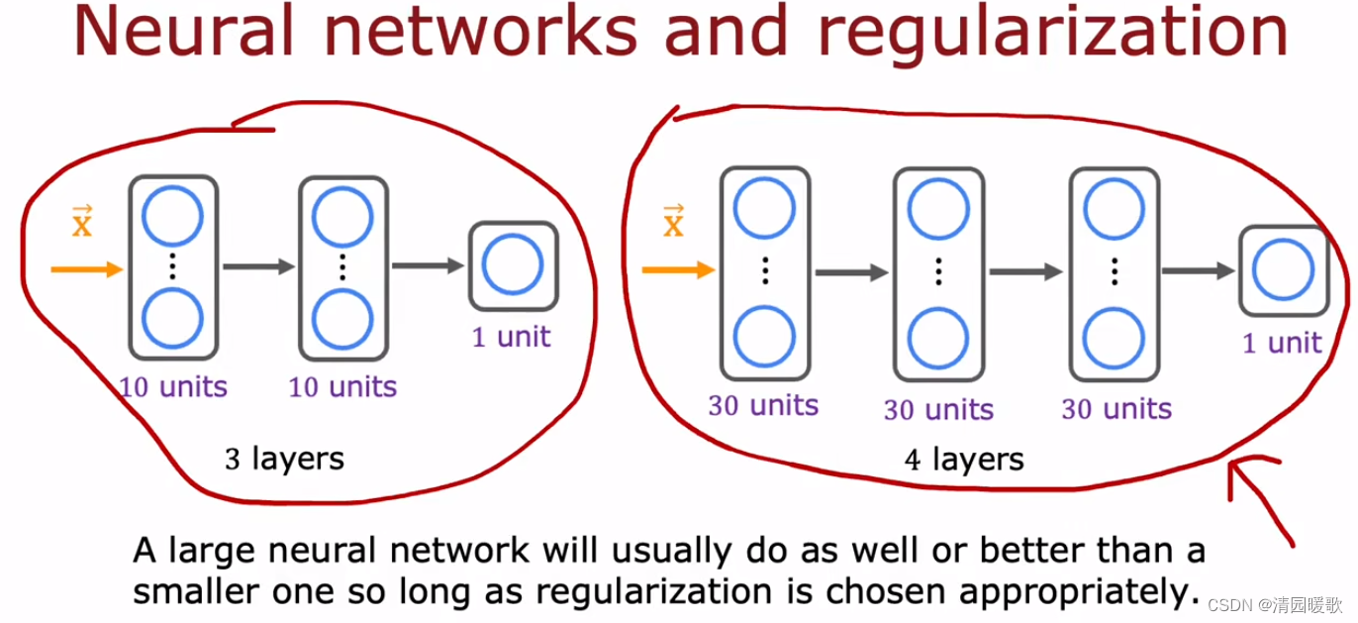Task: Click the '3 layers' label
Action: coord(284,459)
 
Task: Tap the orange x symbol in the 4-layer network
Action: coord(673,224)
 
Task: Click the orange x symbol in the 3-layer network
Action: coord(81,223)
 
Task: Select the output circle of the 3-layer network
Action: coord(512,265)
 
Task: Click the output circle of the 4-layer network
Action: coord(1282,270)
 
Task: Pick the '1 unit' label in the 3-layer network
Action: coord(511,337)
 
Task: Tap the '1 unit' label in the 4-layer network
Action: coord(1282,343)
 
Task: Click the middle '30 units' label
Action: coord(938,409)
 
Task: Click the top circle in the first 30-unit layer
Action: coord(764,210)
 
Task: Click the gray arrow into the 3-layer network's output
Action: coord(428,265)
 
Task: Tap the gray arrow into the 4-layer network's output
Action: coord(1198,270)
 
